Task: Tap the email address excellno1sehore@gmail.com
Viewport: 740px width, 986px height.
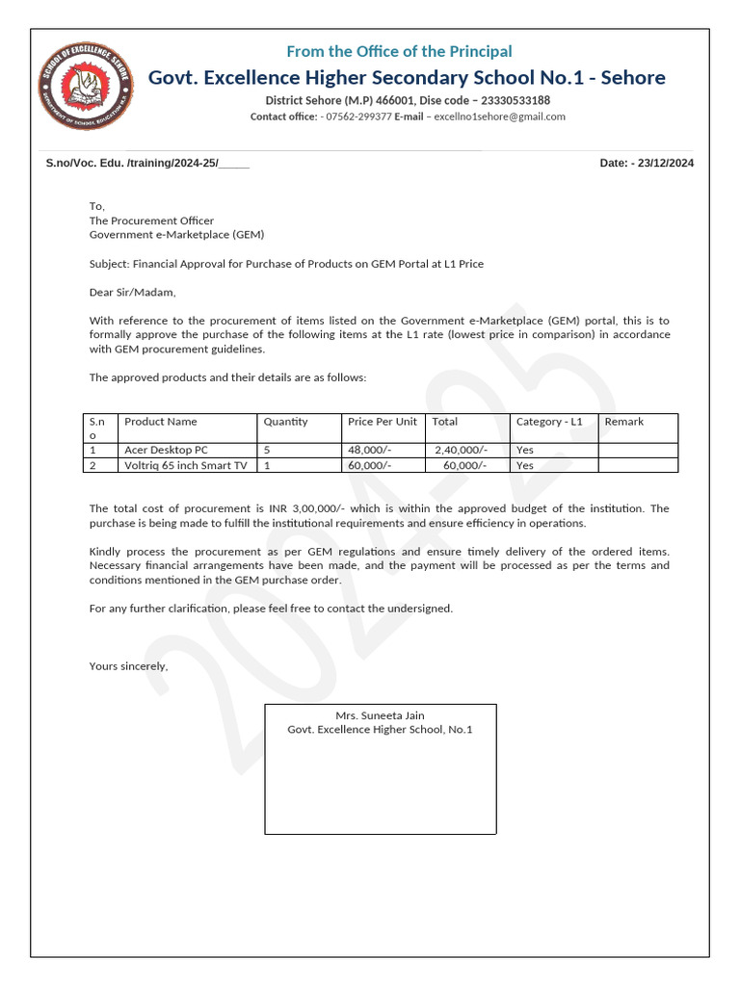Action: click(x=499, y=117)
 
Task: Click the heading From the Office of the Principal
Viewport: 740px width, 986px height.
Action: click(x=398, y=51)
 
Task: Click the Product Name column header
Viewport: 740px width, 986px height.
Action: click(x=161, y=422)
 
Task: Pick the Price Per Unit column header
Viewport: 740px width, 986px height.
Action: click(x=382, y=422)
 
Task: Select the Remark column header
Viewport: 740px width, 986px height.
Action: click(x=623, y=422)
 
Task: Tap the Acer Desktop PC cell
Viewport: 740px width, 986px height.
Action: click(x=166, y=450)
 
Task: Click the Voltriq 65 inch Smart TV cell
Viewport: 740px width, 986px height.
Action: click(x=185, y=465)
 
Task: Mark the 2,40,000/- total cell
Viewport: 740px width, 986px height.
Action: click(x=461, y=450)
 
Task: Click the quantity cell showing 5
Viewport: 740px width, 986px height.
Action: click(x=267, y=450)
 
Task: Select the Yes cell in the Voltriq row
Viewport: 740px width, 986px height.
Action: click(x=524, y=465)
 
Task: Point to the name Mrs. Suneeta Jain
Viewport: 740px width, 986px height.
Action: click(x=380, y=715)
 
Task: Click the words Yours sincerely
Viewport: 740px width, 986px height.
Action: click(x=128, y=666)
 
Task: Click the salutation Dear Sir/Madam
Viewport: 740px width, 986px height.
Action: click(x=133, y=292)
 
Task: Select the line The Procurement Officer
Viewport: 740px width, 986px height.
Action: click(x=151, y=221)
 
